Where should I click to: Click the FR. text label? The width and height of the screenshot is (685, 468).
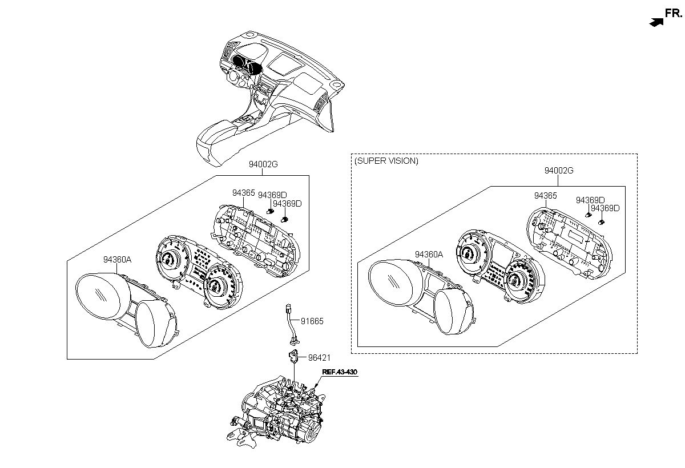click(674, 13)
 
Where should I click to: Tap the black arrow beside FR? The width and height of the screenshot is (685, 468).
click(657, 22)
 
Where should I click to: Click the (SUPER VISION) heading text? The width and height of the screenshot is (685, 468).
click(386, 161)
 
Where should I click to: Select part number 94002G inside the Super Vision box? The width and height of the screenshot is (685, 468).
click(558, 171)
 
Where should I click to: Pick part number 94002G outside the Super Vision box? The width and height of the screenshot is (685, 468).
click(263, 165)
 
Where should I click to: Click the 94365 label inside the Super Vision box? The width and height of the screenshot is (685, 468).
click(545, 196)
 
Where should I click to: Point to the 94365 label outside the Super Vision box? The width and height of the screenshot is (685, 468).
click(243, 193)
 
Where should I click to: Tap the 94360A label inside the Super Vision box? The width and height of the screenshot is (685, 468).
click(429, 255)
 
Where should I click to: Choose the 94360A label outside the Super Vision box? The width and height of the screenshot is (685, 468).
click(117, 259)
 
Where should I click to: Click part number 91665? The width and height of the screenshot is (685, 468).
click(312, 321)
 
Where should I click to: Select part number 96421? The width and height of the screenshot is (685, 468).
click(319, 358)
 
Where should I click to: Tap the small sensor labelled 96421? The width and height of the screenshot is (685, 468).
click(294, 358)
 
